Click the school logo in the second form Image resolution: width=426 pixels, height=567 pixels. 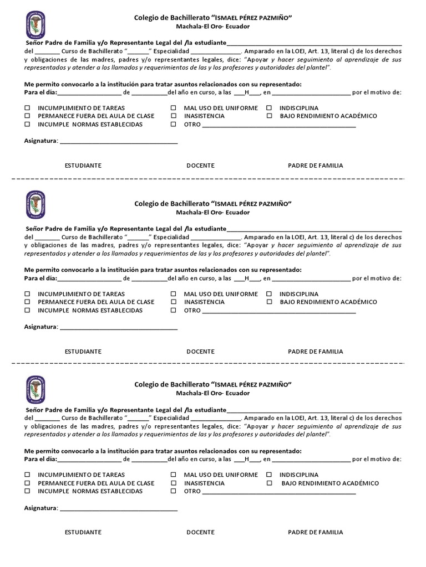click(35, 205)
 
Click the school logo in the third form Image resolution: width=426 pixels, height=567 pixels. click(35, 389)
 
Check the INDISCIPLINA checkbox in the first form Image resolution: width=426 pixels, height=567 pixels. click(269, 108)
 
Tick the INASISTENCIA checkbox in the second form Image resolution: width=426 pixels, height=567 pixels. click(174, 302)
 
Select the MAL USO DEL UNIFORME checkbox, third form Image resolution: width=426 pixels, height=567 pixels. click(174, 475)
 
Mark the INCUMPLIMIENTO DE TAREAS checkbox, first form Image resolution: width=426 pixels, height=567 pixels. click(27, 108)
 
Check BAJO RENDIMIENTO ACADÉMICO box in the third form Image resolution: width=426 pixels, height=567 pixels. click(269, 483)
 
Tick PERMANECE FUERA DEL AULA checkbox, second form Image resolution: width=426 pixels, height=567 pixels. click(27, 302)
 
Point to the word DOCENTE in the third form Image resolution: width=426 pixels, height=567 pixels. click(200, 532)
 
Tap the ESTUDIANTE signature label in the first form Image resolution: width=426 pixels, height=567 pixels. click(83, 166)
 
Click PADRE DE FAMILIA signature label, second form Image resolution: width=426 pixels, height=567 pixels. click(315, 352)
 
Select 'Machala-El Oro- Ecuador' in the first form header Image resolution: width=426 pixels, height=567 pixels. click(213, 27)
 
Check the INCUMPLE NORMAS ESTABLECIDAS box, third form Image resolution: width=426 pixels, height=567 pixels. click(27, 492)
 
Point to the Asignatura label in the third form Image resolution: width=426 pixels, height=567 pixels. click(41, 508)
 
